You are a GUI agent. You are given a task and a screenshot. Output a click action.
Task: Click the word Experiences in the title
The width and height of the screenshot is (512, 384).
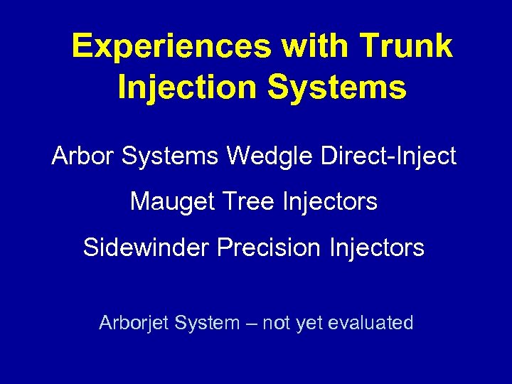[x=171, y=47]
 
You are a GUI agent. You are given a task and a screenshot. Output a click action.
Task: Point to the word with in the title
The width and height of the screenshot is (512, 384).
[x=312, y=47]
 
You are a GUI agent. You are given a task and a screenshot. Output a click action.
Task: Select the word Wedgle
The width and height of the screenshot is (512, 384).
[x=268, y=156]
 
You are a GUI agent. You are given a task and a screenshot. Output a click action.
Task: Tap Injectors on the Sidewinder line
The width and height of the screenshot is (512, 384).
[x=377, y=247]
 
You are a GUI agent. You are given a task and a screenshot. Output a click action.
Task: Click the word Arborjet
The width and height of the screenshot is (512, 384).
[x=133, y=323]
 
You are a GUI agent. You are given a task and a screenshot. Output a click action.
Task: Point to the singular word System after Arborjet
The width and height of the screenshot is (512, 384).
[x=207, y=323]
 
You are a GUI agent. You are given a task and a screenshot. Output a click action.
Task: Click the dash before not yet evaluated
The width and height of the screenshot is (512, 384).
[x=251, y=324]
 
